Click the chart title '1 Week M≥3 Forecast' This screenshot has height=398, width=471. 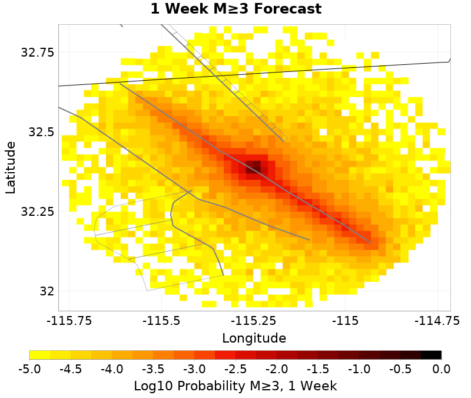click(x=235, y=9)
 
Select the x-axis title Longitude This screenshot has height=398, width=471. click(x=254, y=338)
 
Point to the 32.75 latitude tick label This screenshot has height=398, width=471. click(x=38, y=52)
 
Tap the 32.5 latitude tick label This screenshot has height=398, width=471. click(x=42, y=132)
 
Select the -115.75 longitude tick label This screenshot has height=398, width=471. click(x=70, y=321)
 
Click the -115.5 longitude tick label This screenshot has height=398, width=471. click(x=161, y=321)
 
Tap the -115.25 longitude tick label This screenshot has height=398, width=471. click(x=253, y=321)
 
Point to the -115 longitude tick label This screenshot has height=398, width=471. click(x=344, y=321)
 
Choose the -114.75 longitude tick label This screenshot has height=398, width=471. click(x=436, y=321)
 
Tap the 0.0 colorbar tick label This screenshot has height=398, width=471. click(x=442, y=369)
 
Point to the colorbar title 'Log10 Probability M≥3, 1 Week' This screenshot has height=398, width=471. click(x=235, y=386)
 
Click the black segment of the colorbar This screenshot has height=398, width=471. click(x=432, y=355)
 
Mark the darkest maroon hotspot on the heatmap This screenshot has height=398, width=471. click(x=254, y=166)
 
